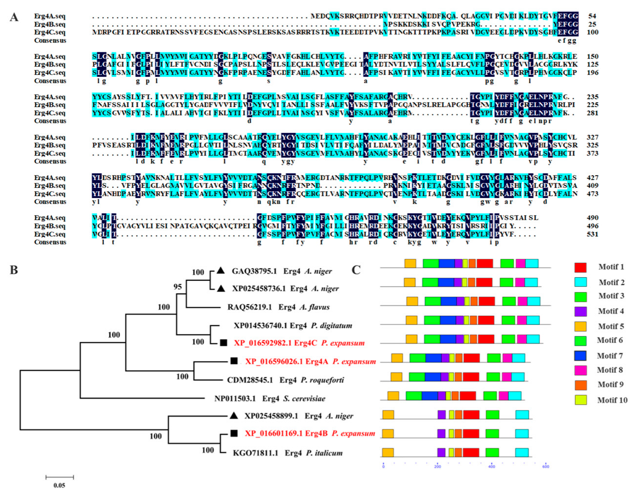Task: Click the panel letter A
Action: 14,17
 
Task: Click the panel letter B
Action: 14,269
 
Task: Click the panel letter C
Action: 356,269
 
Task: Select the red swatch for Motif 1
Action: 580,267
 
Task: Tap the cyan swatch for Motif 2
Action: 580,282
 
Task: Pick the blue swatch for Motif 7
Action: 580,356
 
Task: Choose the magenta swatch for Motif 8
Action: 580,370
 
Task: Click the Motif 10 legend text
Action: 612,400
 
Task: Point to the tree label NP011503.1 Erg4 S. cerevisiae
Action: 270,399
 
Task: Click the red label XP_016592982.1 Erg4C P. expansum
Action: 299,343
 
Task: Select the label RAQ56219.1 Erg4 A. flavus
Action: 278,307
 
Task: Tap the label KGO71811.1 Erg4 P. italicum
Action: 287,453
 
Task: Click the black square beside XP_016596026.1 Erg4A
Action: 234,361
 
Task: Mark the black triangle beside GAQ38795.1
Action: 221,270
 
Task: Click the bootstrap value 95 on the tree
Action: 178,287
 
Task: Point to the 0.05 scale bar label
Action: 59,485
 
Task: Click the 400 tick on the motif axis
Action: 492,466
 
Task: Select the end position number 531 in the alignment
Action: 592,234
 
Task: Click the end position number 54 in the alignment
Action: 592,16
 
